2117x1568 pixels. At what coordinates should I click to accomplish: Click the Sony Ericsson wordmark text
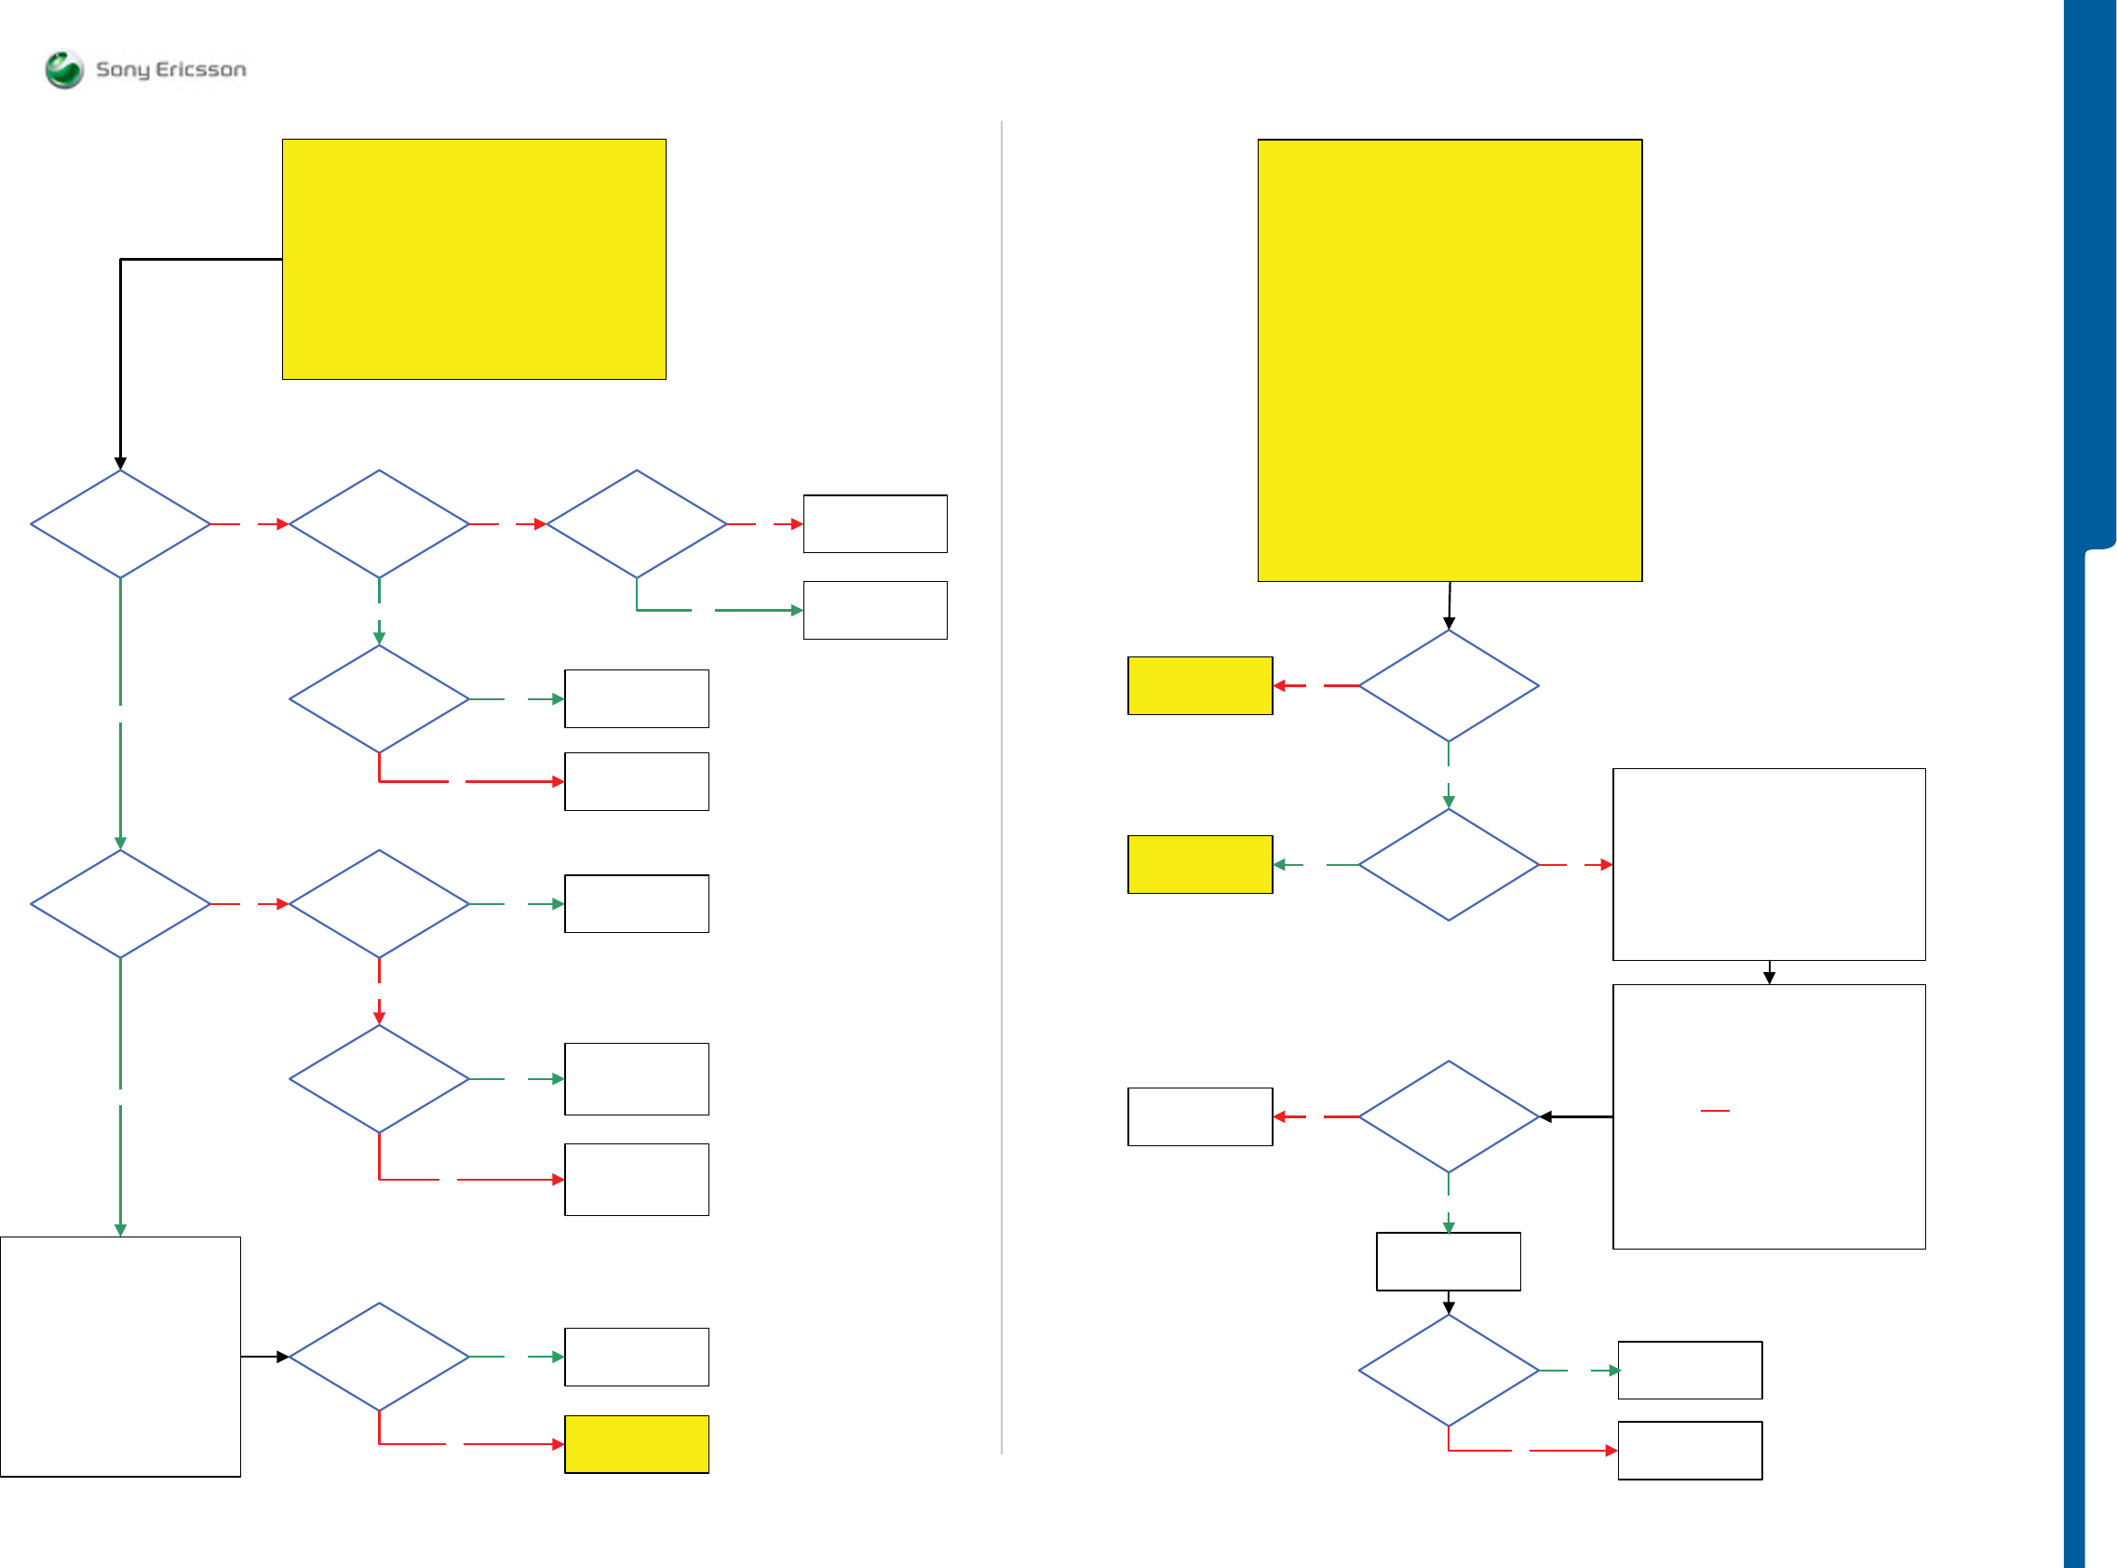[x=170, y=69]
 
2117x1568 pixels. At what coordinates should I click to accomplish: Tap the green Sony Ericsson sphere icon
[x=64, y=69]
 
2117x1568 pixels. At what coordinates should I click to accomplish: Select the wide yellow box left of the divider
[x=474, y=259]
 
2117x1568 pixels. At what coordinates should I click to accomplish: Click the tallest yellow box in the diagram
[x=1449, y=359]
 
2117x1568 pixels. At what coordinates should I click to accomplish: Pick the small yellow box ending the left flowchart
[x=636, y=1443]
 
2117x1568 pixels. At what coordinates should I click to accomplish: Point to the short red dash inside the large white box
[x=1715, y=1110]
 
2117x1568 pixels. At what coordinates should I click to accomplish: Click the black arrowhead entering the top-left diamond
[x=120, y=463]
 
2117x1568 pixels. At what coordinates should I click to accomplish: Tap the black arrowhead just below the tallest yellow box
[x=1449, y=623]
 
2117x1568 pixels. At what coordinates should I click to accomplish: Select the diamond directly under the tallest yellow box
[x=1448, y=685]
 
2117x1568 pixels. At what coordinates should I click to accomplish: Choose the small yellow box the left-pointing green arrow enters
[x=1199, y=865]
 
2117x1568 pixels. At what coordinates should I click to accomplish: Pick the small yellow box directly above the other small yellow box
[x=1199, y=685]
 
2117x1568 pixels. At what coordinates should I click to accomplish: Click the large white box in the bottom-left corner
[x=120, y=1357]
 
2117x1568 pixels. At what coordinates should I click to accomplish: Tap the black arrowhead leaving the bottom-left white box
[x=282, y=1357]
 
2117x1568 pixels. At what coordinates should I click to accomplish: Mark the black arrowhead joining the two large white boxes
[x=1769, y=978]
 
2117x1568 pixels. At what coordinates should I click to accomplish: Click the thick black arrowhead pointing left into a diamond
[x=1545, y=1117]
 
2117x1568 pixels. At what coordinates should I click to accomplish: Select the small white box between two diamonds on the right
[x=1448, y=1262]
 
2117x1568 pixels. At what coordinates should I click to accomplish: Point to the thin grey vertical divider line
[x=1002, y=788]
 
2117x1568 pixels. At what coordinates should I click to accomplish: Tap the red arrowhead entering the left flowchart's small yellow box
[x=558, y=1443]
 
